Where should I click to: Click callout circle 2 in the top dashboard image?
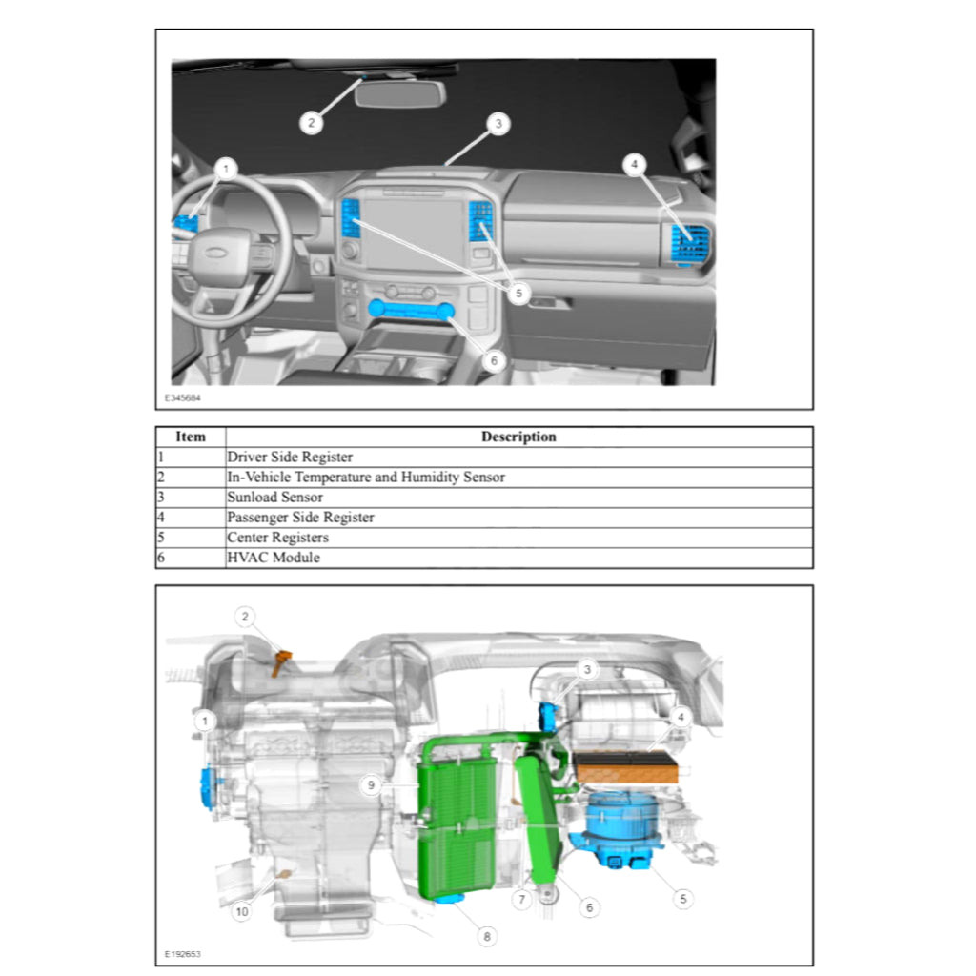[x=309, y=122]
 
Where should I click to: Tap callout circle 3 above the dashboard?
[x=496, y=123]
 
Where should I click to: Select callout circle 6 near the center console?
[x=493, y=361]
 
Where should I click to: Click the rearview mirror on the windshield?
[x=400, y=94]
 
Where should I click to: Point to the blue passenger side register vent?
[x=688, y=243]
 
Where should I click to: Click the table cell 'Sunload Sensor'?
[x=274, y=498]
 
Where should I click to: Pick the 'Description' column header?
[x=518, y=437]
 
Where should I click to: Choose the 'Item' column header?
[x=191, y=437]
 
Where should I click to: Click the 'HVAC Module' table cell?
[x=273, y=558]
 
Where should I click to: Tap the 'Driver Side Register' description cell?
[x=289, y=457]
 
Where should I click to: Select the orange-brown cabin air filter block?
[x=627, y=765]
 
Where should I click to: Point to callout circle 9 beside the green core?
[x=372, y=784]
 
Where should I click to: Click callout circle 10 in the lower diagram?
[x=242, y=912]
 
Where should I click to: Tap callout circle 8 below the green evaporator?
[x=487, y=937]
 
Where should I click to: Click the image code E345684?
[x=182, y=397]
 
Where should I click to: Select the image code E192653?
[x=182, y=953]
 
